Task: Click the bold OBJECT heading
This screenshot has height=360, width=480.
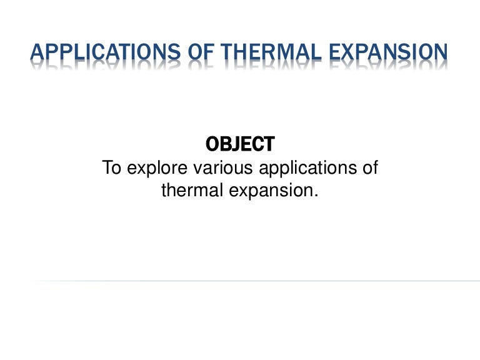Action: click(240, 144)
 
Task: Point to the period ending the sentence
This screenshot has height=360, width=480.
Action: click(316, 196)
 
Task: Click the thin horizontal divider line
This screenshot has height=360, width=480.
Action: click(250, 281)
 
